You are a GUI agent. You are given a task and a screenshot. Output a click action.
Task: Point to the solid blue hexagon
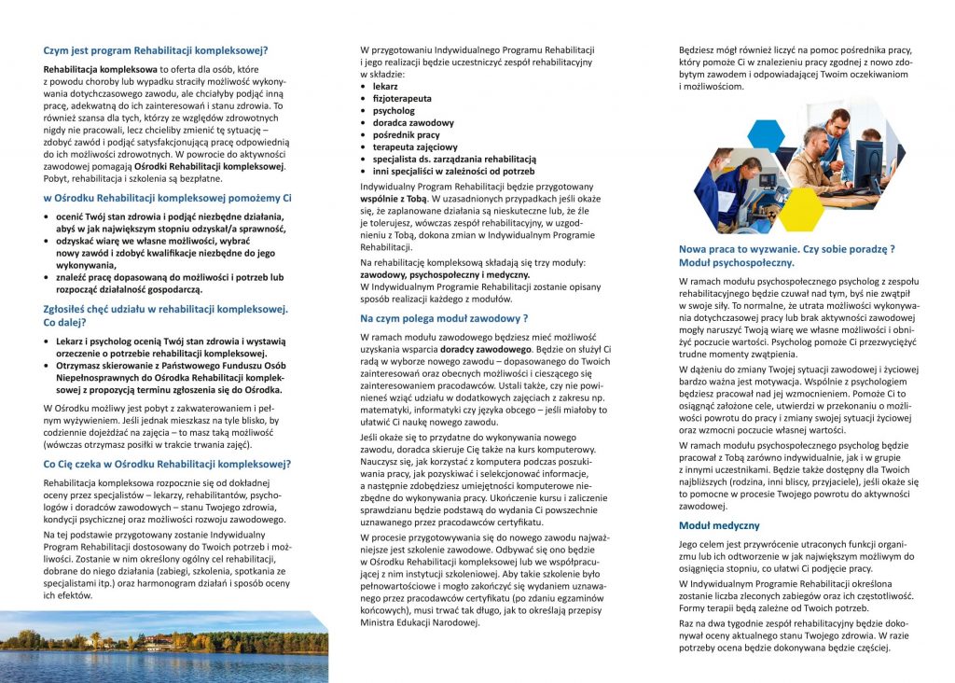[x=766, y=135]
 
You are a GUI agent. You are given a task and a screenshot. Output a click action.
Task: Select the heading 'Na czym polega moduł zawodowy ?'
[x=444, y=318]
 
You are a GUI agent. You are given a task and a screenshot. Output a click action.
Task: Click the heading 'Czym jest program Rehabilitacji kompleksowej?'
[x=161, y=50]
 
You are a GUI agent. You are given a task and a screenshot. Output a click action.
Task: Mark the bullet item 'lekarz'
[x=385, y=86]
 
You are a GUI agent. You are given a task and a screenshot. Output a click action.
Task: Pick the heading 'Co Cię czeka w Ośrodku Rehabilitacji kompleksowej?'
[x=168, y=463]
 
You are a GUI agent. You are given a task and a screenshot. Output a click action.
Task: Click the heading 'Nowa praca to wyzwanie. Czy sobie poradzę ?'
[x=786, y=248]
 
